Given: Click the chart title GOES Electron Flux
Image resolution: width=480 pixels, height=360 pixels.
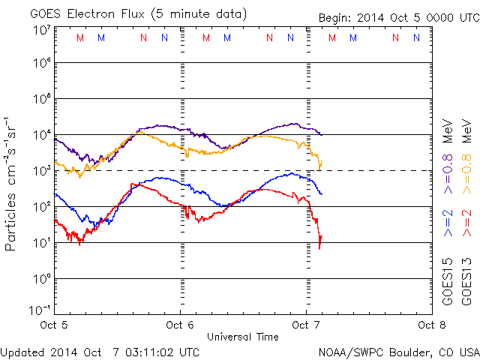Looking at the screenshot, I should (86, 13).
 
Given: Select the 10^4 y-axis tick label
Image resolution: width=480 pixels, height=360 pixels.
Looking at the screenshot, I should (40, 135).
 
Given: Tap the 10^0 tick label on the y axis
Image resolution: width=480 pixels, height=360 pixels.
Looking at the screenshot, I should (40, 278).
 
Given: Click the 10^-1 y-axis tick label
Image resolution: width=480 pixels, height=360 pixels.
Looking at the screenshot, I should (40, 309).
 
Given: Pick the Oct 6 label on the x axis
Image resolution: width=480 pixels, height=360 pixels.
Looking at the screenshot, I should (180, 325).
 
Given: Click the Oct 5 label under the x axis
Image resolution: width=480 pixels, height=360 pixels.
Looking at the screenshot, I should (54, 325).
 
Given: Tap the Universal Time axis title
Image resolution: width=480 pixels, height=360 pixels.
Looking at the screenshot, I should (242, 337).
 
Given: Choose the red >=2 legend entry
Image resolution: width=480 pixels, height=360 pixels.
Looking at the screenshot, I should (466, 223).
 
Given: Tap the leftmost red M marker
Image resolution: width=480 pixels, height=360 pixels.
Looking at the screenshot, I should (80, 37).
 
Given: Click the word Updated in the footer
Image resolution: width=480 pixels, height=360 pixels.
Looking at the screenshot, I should (22, 351).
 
